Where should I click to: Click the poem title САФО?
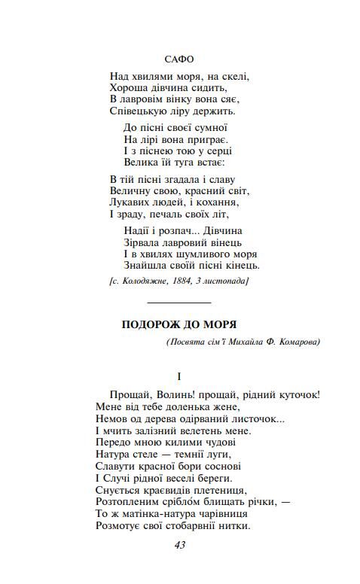click(178, 58)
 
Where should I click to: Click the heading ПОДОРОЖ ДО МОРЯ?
click(179, 324)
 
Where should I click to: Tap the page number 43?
click(179, 545)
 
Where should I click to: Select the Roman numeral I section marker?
click(179, 375)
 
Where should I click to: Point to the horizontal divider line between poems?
click(179, 301)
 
